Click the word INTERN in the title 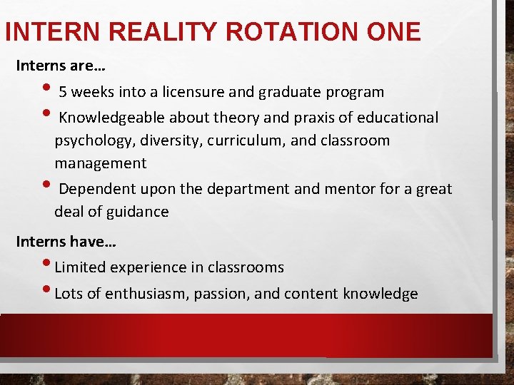coord(51,31)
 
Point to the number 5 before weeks coord(63,92)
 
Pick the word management coord(101,163)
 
